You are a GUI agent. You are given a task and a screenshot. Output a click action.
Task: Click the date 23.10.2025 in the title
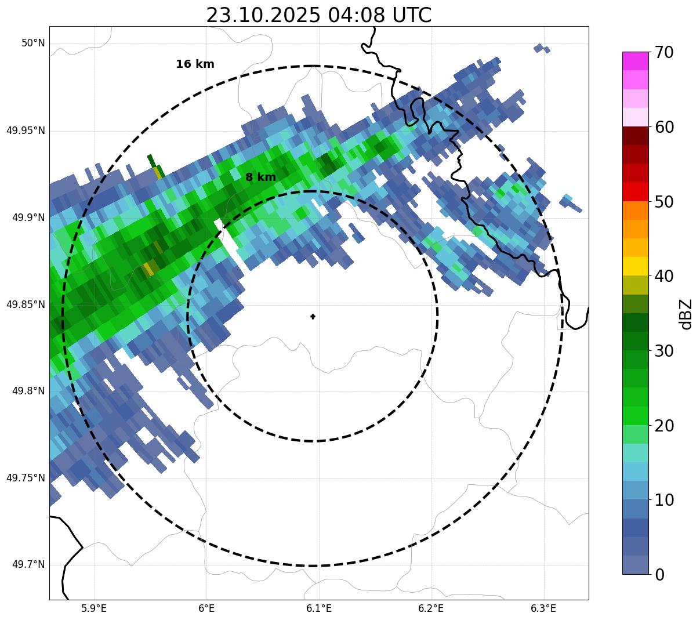(263, 16)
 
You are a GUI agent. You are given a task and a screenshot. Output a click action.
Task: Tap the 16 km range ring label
(195, 64)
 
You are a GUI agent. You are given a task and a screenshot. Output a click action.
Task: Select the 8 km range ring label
(260, 177)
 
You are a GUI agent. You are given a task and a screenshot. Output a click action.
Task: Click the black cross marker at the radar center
(313, 317)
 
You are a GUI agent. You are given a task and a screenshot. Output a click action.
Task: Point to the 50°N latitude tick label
(33, 43)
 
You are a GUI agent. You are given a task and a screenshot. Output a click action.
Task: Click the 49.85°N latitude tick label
(26, 304)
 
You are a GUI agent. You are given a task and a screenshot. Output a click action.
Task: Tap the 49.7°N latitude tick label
(29, 565)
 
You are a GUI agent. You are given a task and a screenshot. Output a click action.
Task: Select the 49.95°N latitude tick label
(26, 130)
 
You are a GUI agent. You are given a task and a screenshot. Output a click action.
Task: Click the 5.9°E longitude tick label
(94, 608)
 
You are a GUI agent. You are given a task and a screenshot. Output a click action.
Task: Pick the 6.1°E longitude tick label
(319, 608)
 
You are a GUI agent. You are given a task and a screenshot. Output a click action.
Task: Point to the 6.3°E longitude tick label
(543, 608)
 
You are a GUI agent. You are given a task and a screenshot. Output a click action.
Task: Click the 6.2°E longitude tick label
(431, 608)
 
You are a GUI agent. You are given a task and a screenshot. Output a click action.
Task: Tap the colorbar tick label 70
(664, 53)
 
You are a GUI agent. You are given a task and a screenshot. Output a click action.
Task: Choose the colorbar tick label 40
(664, 276)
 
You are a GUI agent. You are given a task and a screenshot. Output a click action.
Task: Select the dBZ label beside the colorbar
(686, 314)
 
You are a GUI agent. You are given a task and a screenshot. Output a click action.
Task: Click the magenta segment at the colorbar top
(635, 61)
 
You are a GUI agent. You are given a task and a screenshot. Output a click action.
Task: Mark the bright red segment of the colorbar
(635, 191)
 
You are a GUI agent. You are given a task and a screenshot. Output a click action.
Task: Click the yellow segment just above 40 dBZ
(635, 266)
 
